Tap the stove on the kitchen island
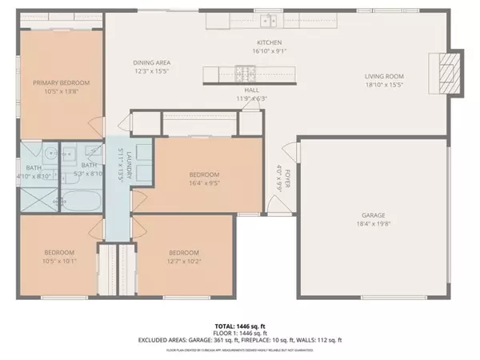click(251, 74)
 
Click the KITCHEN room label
click(268, 42)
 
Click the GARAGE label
click(374, 215)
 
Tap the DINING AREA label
click(150, 64)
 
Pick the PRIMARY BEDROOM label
click(61, 82)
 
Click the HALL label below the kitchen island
click(251, 91)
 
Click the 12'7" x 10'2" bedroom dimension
click(186, 261)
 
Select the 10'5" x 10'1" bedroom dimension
click(59, 261)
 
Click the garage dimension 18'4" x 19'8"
click(374, 224)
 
